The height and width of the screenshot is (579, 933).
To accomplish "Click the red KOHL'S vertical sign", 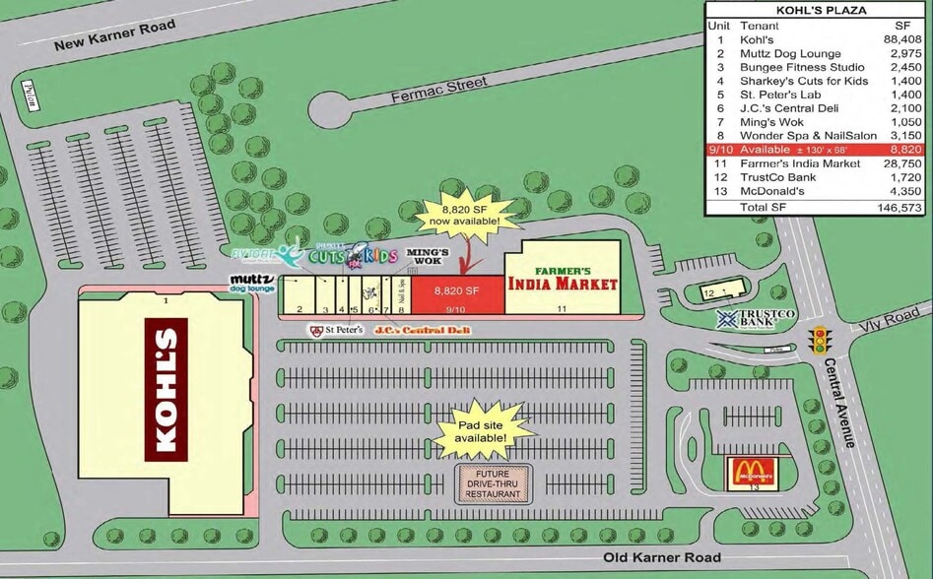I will [x=166, y=390].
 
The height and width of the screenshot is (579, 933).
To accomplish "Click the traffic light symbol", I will [x=818, y=342].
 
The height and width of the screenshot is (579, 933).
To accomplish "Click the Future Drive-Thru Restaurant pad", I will [x=493, y=482].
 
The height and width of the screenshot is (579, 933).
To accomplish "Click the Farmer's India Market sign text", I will [x=563, y=279].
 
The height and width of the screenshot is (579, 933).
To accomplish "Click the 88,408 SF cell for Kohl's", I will [x=902, y=39].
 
